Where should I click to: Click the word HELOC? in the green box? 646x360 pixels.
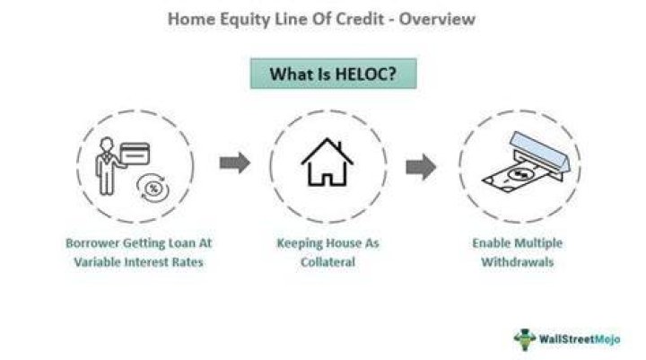click(365, 74)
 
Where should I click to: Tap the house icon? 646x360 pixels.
click(327, 162)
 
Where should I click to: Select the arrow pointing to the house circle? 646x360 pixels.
click(235, 162)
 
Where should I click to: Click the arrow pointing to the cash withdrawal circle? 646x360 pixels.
click(421, 167)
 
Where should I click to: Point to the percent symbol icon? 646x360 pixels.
click(153, 189)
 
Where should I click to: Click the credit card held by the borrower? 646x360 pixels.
click(135, 154)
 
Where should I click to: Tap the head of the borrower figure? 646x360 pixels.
click(107, 144)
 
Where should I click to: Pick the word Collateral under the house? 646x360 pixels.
click(328, 262)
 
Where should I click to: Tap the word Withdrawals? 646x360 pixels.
click(518, 262)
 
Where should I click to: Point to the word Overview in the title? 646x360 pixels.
click(437, 19)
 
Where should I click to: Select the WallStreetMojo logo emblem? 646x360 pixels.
click(525, 339)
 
